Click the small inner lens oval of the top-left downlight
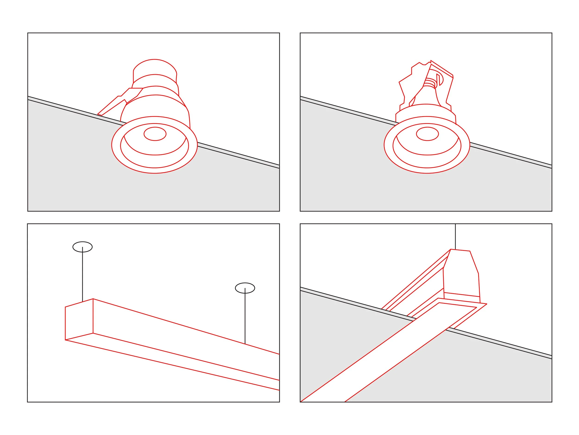point(155,134)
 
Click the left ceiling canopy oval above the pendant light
point(82,247)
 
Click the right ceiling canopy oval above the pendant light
point(245,288)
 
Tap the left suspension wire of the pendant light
point(82,275)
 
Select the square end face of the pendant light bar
point(79,322)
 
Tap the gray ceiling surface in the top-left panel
point(79,171)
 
